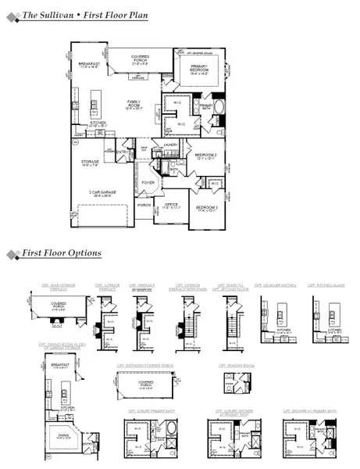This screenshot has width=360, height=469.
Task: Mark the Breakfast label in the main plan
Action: click(x=87, y=65)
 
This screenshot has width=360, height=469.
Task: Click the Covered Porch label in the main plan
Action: click(x=141, y=58)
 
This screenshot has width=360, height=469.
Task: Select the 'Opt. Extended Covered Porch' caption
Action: click(x=144, y=365)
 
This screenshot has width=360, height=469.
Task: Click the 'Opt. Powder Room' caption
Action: click(x=233, y=365)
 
